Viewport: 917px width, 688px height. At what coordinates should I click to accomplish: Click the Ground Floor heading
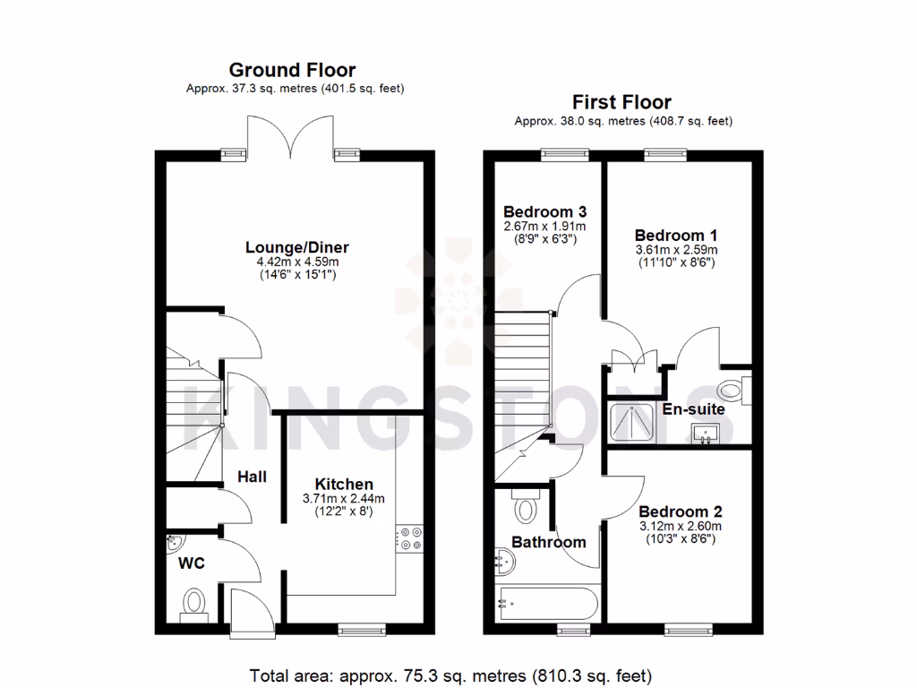coord(292,70)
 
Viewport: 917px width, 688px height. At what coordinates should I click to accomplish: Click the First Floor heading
coord(621,102)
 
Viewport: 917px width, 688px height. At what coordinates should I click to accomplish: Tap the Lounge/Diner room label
coord(297,247)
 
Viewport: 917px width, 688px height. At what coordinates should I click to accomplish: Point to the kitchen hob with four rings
coord(412,537)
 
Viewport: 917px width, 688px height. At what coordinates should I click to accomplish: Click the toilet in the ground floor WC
coord(193,603)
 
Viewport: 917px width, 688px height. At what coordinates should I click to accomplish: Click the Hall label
coord(252,477)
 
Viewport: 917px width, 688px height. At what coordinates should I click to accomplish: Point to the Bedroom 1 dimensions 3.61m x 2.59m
coord(676,250)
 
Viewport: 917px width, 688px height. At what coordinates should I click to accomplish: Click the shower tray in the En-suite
coord(632,423)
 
